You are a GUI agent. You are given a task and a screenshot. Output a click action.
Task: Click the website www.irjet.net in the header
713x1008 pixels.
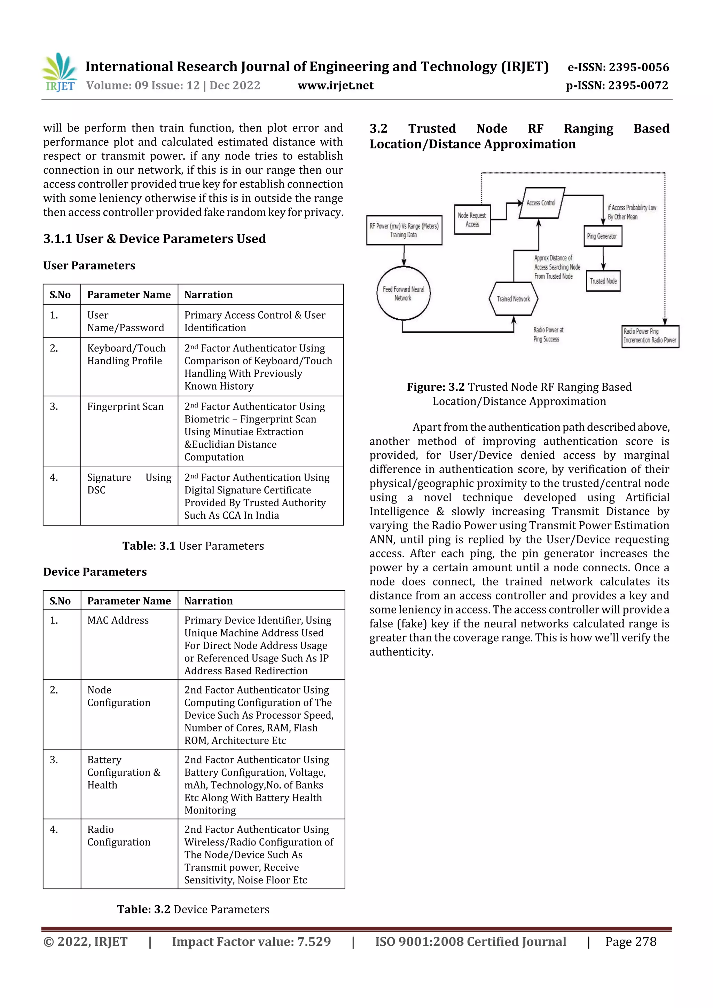(x=335, y=85)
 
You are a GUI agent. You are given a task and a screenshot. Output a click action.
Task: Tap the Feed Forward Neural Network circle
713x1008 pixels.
(x=403, y=293)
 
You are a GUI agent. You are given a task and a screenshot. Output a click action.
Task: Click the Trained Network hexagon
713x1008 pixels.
(x=513, y=299)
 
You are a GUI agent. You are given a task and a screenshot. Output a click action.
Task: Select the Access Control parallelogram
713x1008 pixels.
(x=541, y=203)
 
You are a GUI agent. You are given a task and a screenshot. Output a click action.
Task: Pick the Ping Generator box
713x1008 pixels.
(x=602, y=236)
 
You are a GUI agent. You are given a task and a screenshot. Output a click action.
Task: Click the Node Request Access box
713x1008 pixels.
(x=472, y=220)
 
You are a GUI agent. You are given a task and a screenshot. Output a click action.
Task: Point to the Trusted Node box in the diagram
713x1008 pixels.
(x=603, y=281)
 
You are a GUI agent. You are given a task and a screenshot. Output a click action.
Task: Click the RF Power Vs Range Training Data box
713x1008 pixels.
(x=404, y=230)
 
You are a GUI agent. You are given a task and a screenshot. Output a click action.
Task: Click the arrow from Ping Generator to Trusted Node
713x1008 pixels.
(x=603, y=259)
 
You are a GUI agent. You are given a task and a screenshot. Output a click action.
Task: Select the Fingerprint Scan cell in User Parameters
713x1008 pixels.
(x=125, y=406)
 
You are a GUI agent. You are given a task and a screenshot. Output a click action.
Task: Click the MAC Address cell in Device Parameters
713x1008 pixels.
(x=118, y=620)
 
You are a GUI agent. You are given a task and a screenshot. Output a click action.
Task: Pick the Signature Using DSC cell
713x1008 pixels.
(x=129, y=484)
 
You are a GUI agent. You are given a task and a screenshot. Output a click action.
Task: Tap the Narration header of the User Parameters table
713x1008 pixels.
(x=209, y=295)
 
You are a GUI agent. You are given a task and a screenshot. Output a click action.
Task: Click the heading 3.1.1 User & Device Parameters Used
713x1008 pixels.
(x=155, y=239)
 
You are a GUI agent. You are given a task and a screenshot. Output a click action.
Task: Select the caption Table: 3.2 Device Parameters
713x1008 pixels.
(x=193, y=909)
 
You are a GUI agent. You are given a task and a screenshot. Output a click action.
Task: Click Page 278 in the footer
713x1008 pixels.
(x=630, y=941)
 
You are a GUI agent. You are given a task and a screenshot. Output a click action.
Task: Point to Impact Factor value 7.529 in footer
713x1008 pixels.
(x=251, y=941)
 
